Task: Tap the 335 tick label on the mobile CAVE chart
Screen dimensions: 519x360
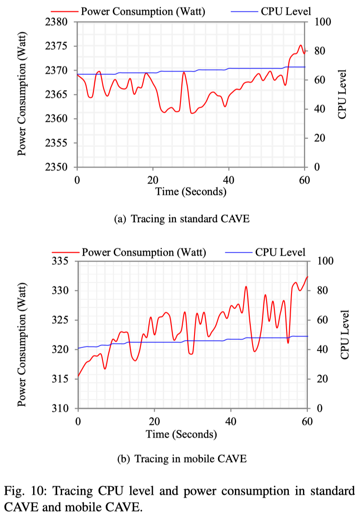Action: (61, 261)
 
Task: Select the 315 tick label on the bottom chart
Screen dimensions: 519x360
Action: (61, 379)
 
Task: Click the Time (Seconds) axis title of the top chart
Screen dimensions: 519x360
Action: (190, 192)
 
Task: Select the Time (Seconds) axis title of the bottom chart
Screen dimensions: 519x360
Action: (181, 434)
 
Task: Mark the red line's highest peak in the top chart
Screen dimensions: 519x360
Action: (300, 45)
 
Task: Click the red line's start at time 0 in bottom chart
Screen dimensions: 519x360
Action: (78, 376)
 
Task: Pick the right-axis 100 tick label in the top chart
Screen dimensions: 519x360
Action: (317, 22)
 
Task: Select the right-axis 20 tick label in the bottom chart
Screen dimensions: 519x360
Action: (320, 379)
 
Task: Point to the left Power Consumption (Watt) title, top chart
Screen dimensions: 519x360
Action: (21, 94)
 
